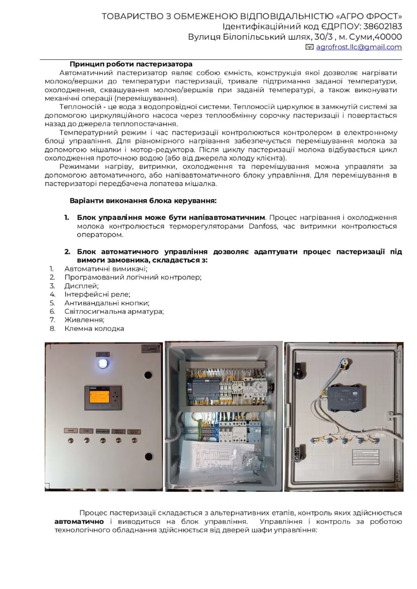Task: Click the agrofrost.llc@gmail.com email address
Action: [x=359, y=47]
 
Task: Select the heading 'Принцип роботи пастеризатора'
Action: [x=131, y=64]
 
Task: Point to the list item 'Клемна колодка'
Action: [x=94, y=328]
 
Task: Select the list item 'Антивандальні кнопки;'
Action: [x=107, y=303]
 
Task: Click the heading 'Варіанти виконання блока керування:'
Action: [x=143, y=200]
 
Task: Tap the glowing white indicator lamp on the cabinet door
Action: [x=103, y=363]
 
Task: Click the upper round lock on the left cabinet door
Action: [x=148, y=375]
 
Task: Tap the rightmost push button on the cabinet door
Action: [x=133, y=441]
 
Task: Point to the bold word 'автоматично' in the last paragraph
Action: [x=79, y=522]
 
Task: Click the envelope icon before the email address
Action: [x=310, y=47]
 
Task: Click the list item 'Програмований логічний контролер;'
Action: [x=133, y=277]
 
